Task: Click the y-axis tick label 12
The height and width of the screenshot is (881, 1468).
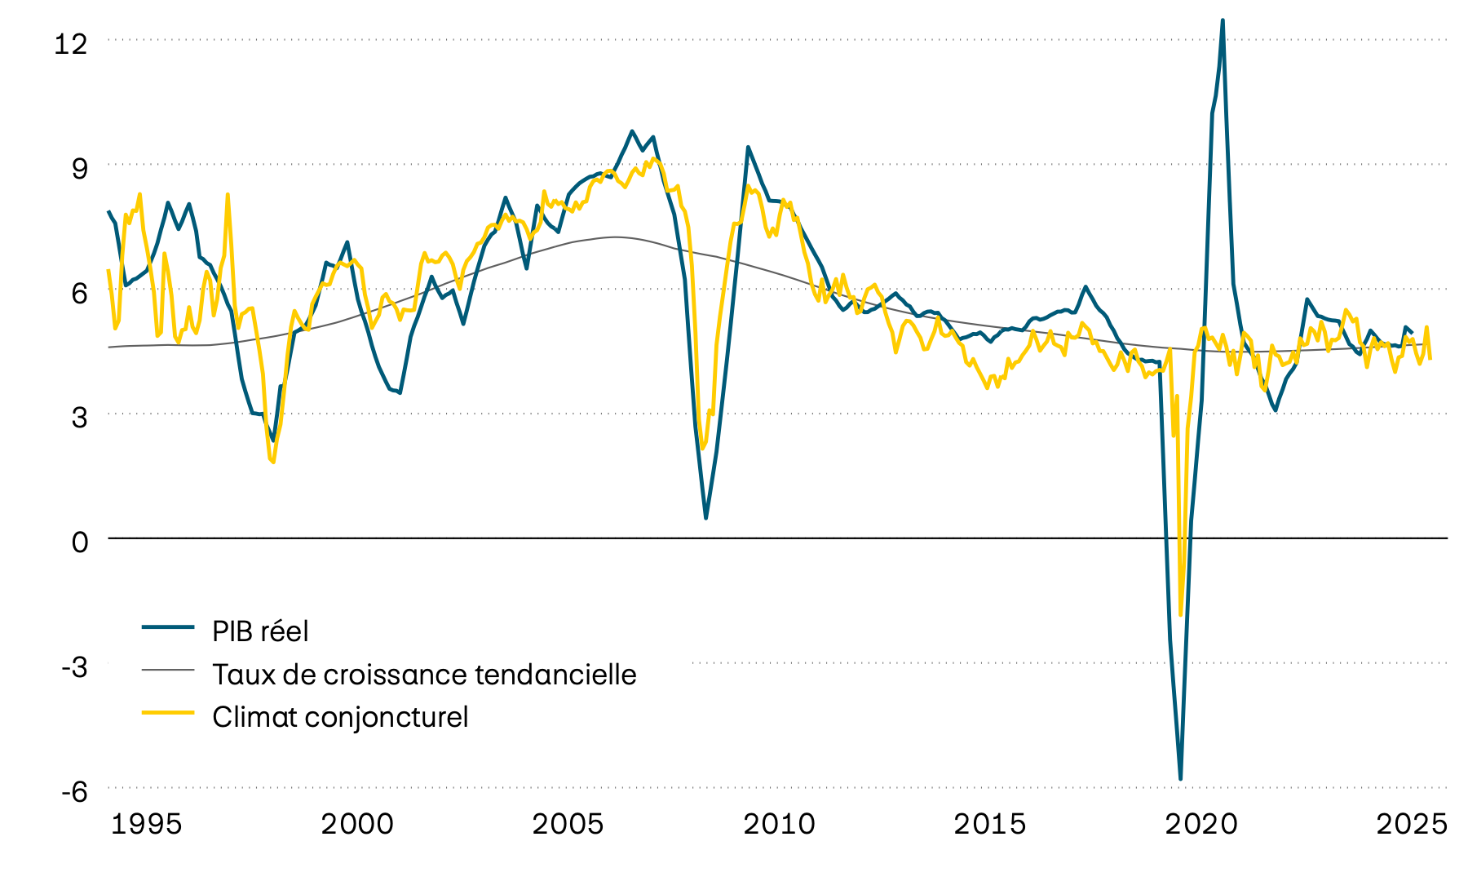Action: [x=70, y=43]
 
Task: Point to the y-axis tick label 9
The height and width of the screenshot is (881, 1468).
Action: [x=79, y=169]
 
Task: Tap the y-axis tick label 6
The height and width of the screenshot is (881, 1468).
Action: [x=79, y=294]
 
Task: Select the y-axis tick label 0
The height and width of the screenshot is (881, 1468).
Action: [x=79, y=542]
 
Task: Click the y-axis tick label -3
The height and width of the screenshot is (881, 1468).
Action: [x=74, y=667]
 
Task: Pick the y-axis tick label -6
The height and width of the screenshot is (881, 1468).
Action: [x=74, y=792]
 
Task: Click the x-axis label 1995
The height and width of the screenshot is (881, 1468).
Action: [x=146, y=825]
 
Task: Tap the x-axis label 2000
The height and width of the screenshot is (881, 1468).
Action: [x=357, y=825]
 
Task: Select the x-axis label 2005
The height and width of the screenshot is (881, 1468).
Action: [x=568, y=825]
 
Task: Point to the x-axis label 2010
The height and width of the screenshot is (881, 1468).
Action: [x=779, y=825]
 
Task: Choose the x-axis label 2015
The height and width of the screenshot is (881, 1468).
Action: [x=990, y=825]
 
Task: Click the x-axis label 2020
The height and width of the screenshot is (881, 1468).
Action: [x=1201, y=825]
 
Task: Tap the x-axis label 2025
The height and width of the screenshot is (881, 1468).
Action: [x=1412, y=825]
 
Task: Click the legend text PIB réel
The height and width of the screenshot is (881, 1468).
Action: [x=260, y=631]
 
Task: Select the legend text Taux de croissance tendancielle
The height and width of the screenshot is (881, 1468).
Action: [x=424, y=675]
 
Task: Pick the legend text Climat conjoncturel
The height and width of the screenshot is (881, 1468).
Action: [x=340, y=717]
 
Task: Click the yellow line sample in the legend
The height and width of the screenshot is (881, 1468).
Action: [x=168, y=712]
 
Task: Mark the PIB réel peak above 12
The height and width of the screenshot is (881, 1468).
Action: [x=1223, y=20]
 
